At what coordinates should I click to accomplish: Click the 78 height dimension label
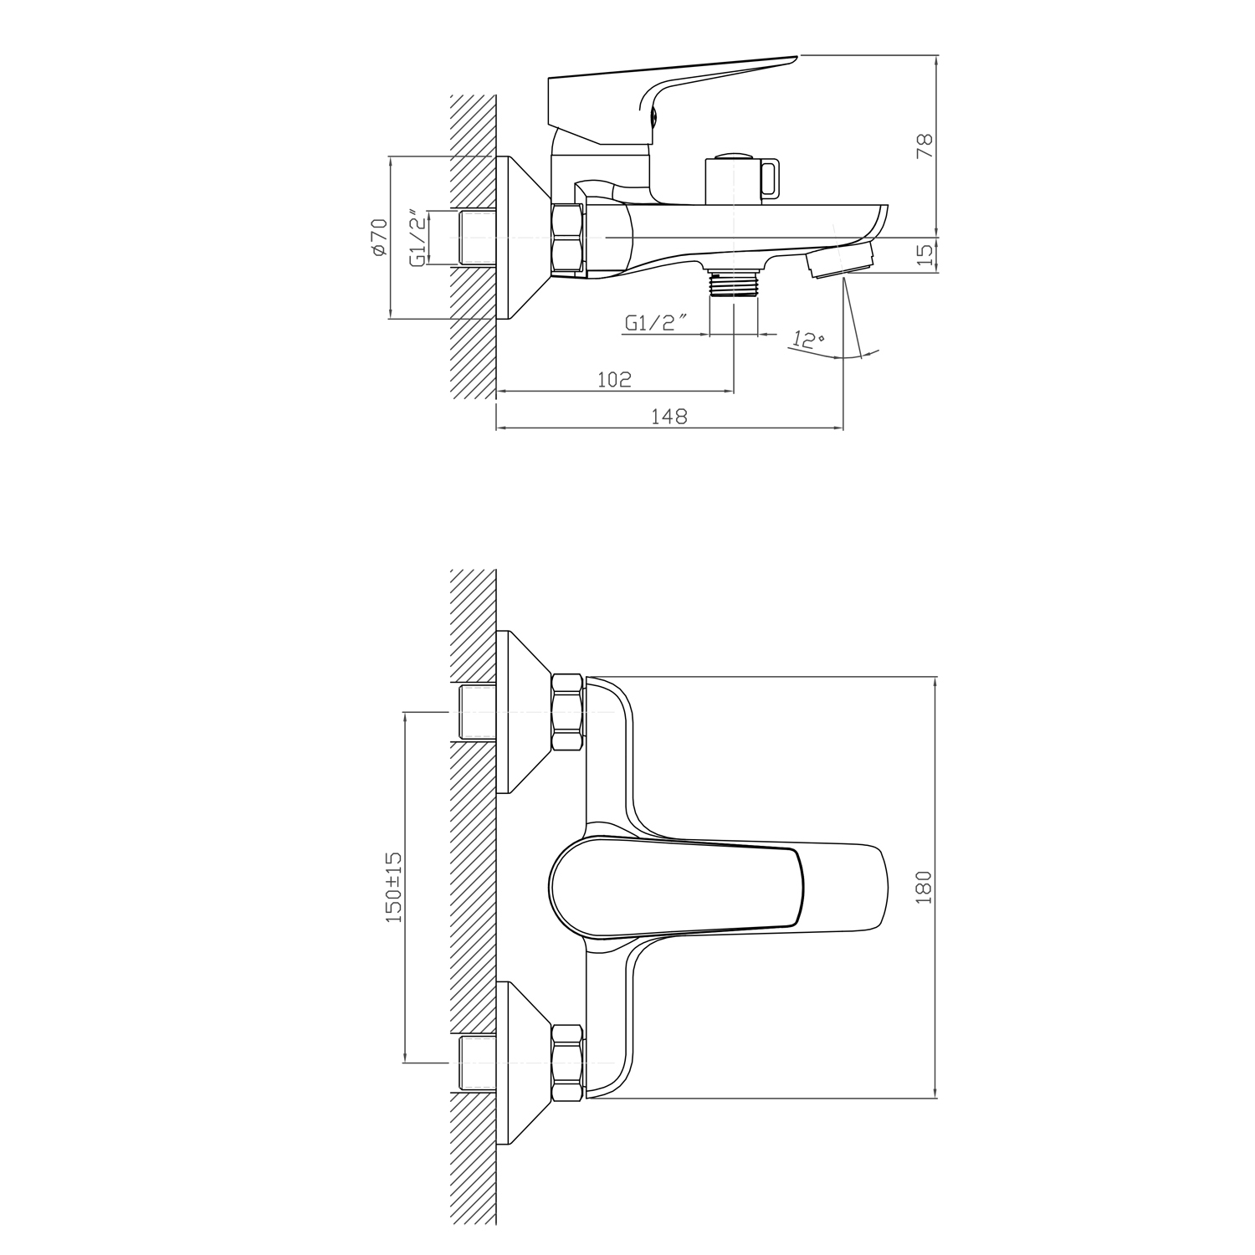pos(924,146)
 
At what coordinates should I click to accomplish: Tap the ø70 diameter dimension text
pos(378,238)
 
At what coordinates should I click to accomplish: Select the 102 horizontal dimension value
pos(614,379)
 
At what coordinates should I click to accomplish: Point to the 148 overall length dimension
pos(669,416)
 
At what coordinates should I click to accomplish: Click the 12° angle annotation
pos(809,340)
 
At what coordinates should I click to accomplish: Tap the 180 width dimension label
pos(924,887)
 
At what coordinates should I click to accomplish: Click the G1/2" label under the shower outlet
pos(656,322)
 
